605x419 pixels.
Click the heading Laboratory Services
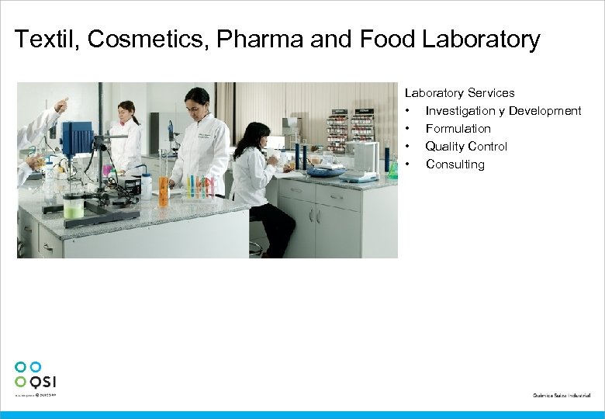point(459,93)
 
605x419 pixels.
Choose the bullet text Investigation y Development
point(503,111)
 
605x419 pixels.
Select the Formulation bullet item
point(458,129)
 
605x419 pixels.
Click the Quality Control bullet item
point(466,147)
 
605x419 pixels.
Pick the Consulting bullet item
point(455,164)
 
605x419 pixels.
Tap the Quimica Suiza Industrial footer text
point(561,396)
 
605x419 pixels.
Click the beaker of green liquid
point(74,205)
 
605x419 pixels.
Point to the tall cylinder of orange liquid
point(163,191)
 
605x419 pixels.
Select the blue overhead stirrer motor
point(77,137)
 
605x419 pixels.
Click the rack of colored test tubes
point(199,187)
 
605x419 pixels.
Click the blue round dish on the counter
point(325,171)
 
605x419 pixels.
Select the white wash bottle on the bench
point(146,185)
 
